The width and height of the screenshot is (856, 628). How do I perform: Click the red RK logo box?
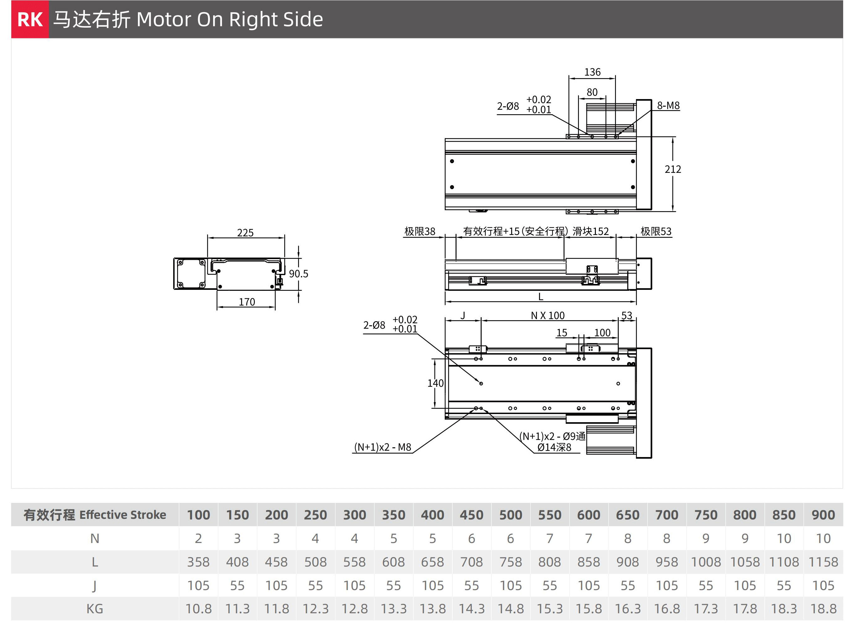pos(30,19)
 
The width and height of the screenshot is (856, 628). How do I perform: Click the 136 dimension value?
pos(592,72)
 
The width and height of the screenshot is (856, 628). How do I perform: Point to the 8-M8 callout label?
pos(668,105)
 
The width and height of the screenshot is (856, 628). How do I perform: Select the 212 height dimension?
pos(673,169)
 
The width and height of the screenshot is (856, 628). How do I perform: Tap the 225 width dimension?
pos(245,233)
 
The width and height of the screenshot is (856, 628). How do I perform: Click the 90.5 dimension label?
pos(298,274)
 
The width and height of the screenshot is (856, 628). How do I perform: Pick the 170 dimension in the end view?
pos(247,302)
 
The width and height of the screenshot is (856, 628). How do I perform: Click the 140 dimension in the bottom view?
pos(435,383)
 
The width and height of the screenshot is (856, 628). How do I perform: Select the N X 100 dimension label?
pos(548,316)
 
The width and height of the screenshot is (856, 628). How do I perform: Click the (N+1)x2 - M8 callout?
pos(382,447)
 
